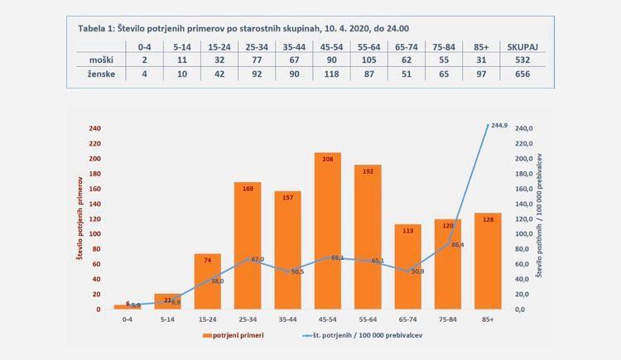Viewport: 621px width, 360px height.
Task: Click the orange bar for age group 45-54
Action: click(328, 232)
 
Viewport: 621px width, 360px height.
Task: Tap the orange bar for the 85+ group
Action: click(489, 261)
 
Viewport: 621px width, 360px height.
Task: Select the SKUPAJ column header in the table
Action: click(527, 46)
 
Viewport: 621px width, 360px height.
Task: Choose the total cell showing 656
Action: click(527, 74)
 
